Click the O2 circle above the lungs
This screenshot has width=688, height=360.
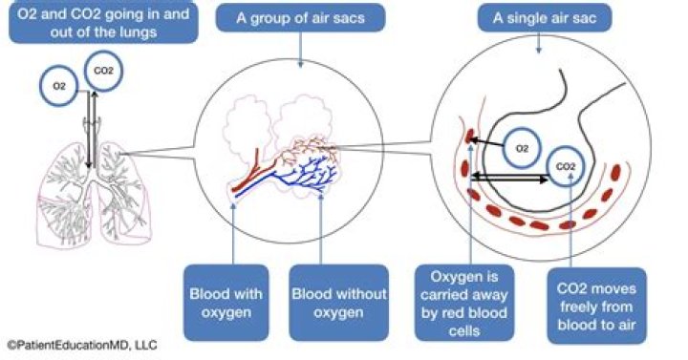(59, 86)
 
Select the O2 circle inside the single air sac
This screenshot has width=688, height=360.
(522, 148)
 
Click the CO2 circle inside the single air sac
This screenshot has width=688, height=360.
(566, 168)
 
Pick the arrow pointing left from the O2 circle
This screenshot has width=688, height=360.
(489, 141)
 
